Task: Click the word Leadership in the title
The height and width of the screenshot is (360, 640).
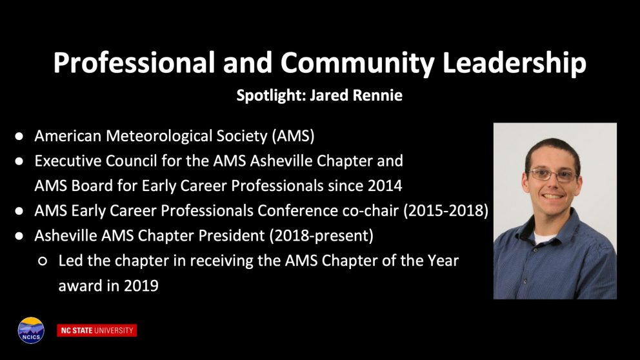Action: coord(514,63)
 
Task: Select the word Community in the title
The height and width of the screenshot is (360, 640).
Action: coord(357,63)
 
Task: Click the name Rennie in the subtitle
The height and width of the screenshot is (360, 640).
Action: coord(377,95)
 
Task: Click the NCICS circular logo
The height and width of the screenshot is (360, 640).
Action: coord(31,330)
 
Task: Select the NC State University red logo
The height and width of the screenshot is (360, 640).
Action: coord(97,330)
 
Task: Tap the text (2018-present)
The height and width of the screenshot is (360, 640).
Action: coord(321,236)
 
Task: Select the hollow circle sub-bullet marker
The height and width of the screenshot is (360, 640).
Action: coord(43,261)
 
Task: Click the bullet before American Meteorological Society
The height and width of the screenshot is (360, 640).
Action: coord(19,136)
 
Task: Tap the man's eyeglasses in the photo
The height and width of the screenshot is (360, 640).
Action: coord(553,175)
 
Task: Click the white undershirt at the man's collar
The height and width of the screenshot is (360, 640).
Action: coord(543,238)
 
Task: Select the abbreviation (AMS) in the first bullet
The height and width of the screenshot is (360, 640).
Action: coord(293,136)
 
